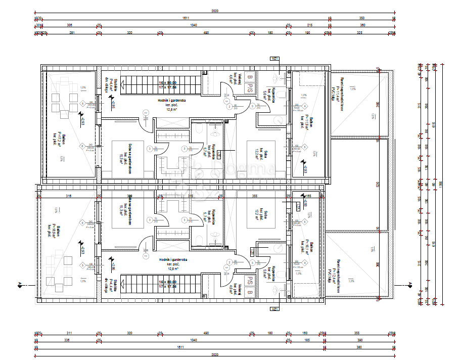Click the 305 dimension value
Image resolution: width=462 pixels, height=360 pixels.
point(70,25)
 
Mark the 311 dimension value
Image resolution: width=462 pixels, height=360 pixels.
point(69,333)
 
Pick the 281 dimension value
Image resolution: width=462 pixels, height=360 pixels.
point(72,33)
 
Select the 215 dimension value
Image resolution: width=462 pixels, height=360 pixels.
point(310,25)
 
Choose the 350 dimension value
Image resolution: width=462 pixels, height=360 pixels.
point(362,17)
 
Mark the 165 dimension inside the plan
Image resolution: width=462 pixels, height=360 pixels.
point(308,196)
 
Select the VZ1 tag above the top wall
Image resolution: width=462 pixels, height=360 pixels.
point(275,59)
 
